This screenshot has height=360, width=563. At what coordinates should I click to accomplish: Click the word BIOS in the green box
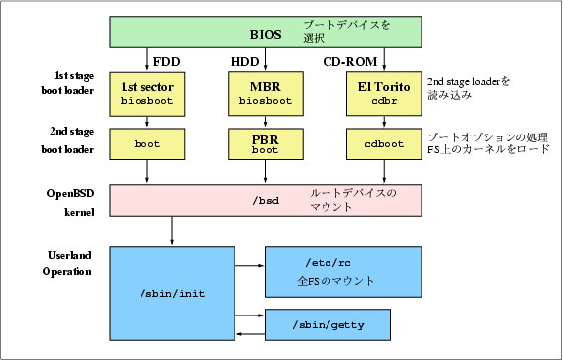(x=266, y=35)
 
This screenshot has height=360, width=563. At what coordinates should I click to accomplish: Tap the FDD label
(x=167, y=62)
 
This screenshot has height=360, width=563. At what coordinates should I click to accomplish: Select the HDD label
(x=244, y=62)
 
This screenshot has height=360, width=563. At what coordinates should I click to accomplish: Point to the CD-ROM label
(x=350, y=62)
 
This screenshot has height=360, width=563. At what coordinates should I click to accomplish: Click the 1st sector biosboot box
(x=147, y=94)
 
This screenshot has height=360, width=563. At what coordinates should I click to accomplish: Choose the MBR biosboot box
(x=266, y=94)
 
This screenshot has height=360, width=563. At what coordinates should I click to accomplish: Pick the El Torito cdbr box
(x=384, y=94)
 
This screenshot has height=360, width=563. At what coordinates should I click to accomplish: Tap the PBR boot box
(x=266, y=144)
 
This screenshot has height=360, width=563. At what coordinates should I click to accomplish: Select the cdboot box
(x=384, y=144)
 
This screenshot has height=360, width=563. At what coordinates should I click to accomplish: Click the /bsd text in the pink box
(x=266, y=201)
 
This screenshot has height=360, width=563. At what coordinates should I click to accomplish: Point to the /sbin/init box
(x=172, y=294)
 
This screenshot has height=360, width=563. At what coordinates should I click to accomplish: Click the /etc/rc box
(x=343, y=272)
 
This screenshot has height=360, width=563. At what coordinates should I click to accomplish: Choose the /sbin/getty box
(x=328, y=324)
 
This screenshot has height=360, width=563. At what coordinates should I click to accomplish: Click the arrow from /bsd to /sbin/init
(x=172, y=230)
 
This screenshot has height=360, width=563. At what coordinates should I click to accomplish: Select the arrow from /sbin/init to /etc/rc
(x=250, y=266)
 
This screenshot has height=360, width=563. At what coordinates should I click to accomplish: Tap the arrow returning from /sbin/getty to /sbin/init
(x=250, y=334)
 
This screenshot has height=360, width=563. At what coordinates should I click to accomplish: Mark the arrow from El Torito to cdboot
(x=384, y=122)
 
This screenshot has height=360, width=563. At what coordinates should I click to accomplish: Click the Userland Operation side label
(x=67, y=263)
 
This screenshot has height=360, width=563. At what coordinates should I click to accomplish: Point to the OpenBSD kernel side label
(x=70, y=203)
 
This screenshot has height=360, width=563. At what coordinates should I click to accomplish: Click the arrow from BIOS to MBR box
(x=266, y=59)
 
